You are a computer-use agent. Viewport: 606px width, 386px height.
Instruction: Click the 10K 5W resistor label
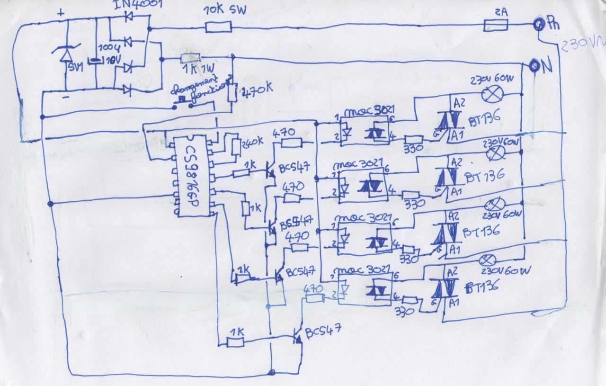click(x=225, y=10)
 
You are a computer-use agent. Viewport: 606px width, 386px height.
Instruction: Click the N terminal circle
click(x=534, y=65)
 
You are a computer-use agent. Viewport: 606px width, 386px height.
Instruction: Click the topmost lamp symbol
click(x=491, y=95)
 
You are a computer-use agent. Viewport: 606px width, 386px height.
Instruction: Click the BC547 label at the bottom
click(x=322, y=331)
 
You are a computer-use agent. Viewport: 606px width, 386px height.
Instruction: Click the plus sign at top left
click(x=60, y=14)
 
